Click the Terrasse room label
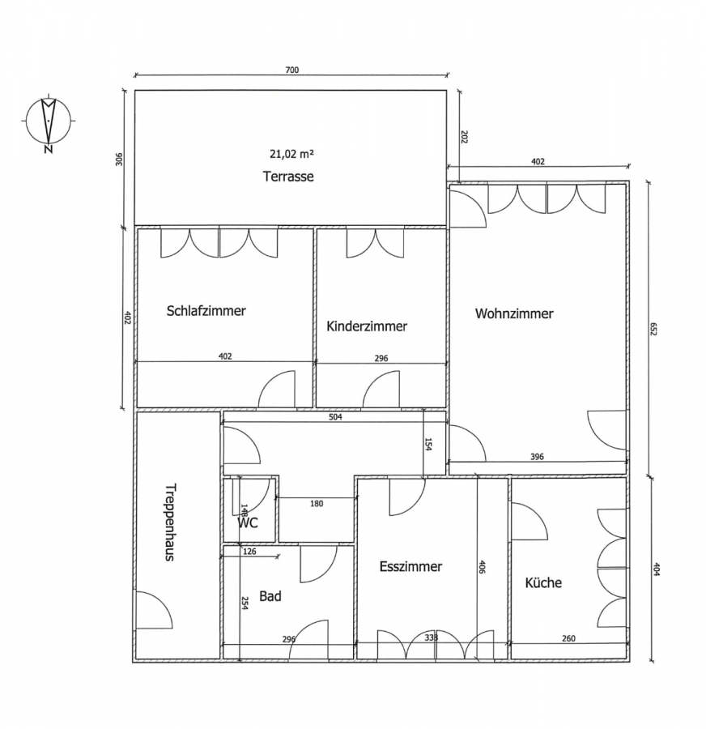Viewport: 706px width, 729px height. [288, 177]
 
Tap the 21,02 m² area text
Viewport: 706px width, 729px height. [292, 153]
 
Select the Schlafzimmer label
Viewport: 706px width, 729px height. [206, 310]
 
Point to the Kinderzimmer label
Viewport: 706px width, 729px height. [367, 326]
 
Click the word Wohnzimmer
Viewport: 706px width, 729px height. [514, 313]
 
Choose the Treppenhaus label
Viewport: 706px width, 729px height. [171, 522]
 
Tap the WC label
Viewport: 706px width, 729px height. [248, 523]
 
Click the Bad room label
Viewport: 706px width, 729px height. [270, 596]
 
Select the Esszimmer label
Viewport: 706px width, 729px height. [410, 566]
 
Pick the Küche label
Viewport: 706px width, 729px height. [543, 582]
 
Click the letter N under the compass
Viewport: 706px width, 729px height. [48, 149]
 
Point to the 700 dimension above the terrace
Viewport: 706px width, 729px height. [292, 70]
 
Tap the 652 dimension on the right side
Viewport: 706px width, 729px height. [653, 329]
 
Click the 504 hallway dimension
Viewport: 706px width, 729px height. [335, 417]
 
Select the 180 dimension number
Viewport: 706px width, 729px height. [316, 504]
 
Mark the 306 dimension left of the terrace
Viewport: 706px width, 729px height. [120, 160]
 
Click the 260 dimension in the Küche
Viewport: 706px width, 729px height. [568, 638]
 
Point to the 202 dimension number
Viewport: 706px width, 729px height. [464, 137]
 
